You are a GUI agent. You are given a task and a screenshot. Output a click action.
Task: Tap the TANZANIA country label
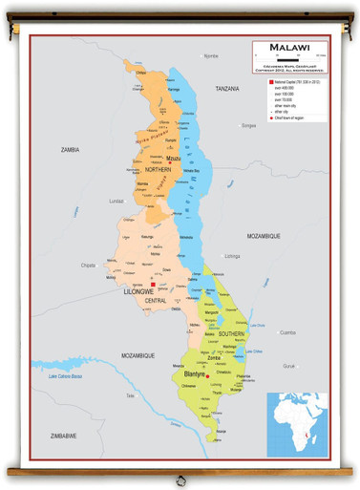[x=227, y=88]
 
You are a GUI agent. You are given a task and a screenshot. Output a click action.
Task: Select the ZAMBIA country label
[x=70, y=149]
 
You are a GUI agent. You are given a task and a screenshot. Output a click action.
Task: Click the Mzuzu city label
[x=174, y=159]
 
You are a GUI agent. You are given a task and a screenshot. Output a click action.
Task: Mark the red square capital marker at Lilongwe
[x=153, y=284]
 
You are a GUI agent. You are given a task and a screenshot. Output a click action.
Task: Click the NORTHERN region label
[x=159, y=169]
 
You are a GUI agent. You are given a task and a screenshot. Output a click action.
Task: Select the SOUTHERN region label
[x=230, y=333]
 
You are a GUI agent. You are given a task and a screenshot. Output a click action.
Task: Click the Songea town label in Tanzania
[x=249, y=125]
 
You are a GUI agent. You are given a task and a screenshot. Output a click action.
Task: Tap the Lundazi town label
[x=117, y=202]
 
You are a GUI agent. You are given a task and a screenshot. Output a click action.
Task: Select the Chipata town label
[x=89, y=265]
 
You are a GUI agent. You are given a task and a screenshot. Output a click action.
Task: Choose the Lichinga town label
[x=232, y=256]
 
